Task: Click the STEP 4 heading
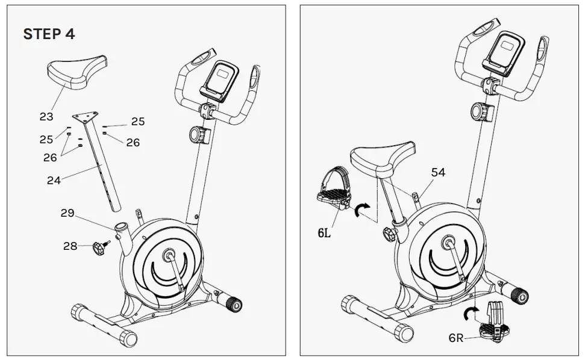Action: (x=49, y=34)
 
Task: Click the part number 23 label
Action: (x=46, y=117)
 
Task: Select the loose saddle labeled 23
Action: (x=77, y=72)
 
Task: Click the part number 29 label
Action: (x=68, y=213)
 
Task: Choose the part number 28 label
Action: (x=71, y=246)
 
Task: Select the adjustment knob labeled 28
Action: (x=99, y=247)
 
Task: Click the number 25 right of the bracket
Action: (x=138, y=122)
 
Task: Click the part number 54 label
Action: (x=438, y=172)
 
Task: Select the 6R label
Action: (x=457, y=338)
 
